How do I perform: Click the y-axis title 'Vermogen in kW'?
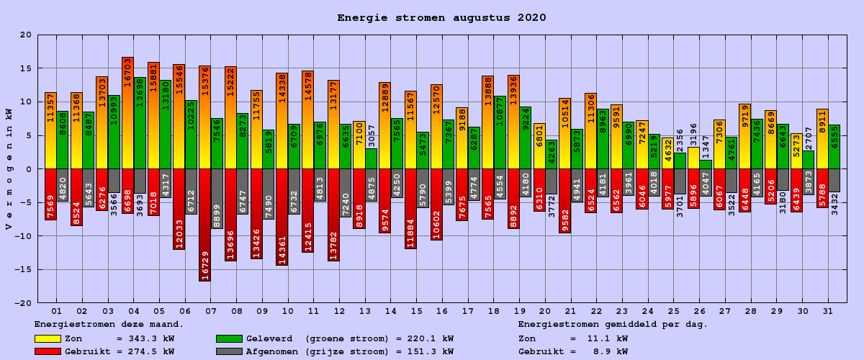9,169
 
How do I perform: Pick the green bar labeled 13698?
140,123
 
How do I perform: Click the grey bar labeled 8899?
217,199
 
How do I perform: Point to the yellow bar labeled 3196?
693,158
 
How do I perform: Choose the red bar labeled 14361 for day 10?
282,217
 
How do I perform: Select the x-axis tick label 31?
828,311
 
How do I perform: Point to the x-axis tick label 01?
56,311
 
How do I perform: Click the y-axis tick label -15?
24,270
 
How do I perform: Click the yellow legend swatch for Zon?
48,338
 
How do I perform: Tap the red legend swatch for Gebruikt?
48,351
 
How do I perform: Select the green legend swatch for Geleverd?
229,338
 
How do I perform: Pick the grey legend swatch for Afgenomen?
229,351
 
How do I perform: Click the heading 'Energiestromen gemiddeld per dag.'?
613,325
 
